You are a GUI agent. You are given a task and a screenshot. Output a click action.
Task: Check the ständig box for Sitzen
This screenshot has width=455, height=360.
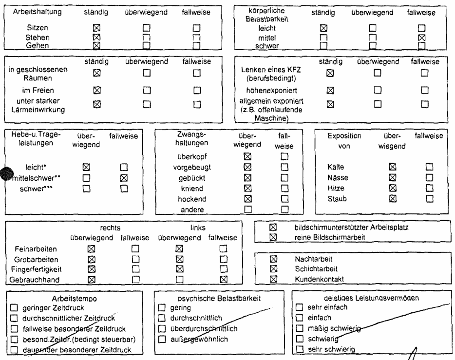pyautogui.click(x=96, y=29)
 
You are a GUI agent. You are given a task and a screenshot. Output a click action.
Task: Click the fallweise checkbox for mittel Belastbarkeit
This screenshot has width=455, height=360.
pyautogui.click(x=422, y=37)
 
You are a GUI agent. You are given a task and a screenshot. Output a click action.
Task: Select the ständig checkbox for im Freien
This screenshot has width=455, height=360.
pyautogui.click(x=96, y=90)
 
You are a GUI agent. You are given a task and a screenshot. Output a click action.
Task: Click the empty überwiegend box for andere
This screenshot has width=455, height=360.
pyautogui.click(x=247, y=209)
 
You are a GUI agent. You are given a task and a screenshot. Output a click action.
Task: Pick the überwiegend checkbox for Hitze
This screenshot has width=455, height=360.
pyautogui.click(x=393, y=188)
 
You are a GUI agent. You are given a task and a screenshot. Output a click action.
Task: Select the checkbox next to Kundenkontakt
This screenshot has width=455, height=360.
pyautogui.click(x=273, y=279)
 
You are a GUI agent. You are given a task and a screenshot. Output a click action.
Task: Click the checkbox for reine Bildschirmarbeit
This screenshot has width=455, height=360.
pyautogui.click(x=273, y=237)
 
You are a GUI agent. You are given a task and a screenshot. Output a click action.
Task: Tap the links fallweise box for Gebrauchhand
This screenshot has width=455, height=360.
pyautogui.click(x=223, y=279)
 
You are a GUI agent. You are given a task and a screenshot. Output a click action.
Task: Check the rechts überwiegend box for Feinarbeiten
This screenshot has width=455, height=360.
pyautogui.click(x=90, y=248)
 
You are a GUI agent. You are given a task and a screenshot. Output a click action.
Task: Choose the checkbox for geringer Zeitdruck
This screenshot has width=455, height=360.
pyautogui.click(x=14, y=307)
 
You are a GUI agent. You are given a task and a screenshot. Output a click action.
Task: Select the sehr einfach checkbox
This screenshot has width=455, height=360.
pyautogui.click(x=300, y=307)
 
